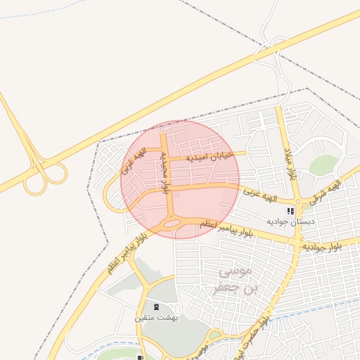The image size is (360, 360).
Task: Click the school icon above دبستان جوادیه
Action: [290, 211]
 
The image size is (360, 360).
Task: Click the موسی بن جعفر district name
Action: [229, 279]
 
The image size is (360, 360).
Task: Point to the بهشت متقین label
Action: [156, 318]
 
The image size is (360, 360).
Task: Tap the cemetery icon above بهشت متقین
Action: [155, 307]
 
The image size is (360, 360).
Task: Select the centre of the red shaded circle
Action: [180, 179]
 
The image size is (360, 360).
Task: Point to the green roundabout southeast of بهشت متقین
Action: [215, 335]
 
